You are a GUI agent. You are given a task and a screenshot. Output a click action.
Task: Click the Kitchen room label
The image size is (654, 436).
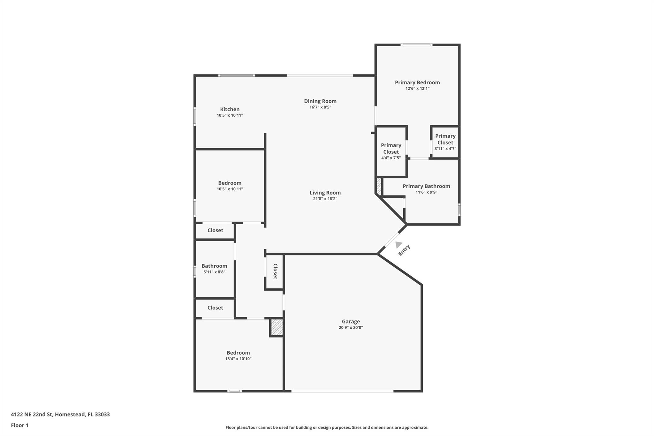(230, 109)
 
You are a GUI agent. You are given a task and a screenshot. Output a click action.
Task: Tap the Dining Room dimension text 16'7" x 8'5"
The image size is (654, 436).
(320, 107)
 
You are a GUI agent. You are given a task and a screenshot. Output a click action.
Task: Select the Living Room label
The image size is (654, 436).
(325, 193)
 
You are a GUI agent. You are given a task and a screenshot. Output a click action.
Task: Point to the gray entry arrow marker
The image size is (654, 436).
(398, 245)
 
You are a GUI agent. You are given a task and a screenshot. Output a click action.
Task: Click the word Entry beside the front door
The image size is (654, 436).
(404, 250)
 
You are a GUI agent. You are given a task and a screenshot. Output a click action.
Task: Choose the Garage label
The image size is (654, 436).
(351, 322)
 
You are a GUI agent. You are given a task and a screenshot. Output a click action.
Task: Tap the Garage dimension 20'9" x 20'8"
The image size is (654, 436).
(351, 327)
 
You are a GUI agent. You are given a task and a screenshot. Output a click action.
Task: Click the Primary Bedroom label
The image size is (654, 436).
(417, 82)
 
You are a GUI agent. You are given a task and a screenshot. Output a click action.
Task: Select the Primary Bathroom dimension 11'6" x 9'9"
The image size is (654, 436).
(426, 192)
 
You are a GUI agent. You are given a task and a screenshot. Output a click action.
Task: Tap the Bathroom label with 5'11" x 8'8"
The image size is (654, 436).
(214, 266)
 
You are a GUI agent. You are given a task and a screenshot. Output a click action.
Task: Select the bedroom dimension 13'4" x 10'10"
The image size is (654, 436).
(238, 359)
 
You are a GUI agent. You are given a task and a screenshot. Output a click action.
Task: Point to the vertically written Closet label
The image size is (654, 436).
(275, 272)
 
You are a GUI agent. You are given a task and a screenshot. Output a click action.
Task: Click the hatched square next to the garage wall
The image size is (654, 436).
(277, 327)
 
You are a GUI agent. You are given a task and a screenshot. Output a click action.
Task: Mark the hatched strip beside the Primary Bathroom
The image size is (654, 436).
(379, 187)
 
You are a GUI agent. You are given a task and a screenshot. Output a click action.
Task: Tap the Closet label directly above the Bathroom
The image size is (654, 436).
(215, 230)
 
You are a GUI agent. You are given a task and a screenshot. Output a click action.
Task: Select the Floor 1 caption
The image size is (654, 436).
(19, 425)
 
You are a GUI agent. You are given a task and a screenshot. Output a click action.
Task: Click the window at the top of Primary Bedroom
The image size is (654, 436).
(416, 45)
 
